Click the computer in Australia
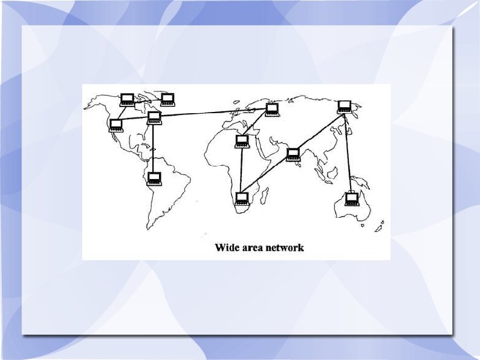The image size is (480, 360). click(351, 198)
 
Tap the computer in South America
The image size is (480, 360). click(155, 178)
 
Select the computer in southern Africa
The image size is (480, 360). click(242, 198)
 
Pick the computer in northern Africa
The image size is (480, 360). click(242, 142)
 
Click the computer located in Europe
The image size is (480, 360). click(272, 110)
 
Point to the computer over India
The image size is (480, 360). click(293, 154)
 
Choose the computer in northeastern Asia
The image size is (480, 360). click(345, 107)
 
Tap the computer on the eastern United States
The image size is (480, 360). click(154, 117)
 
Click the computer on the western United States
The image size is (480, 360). click(115, 125)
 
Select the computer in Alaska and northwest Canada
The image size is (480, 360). click(127, 100)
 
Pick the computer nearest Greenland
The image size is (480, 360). click(167, 99)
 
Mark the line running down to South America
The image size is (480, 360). click(154, 148)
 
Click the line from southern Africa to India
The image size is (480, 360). click(266, 175)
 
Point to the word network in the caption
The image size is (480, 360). click(285, 247)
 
